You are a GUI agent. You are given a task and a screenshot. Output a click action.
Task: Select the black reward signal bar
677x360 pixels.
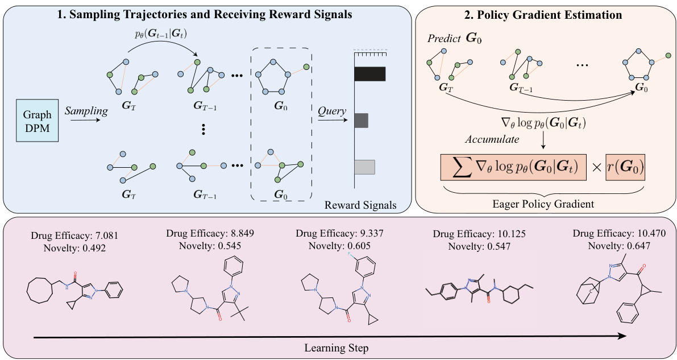[x=369, y=74]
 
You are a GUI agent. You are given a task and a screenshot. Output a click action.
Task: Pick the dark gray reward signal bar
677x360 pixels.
[x=361, y=121]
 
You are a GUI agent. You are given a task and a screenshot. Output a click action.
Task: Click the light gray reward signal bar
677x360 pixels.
[x=364, y=167]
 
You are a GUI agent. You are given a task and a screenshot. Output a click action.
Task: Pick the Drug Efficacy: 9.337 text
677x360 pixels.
[x=337, y=234]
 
